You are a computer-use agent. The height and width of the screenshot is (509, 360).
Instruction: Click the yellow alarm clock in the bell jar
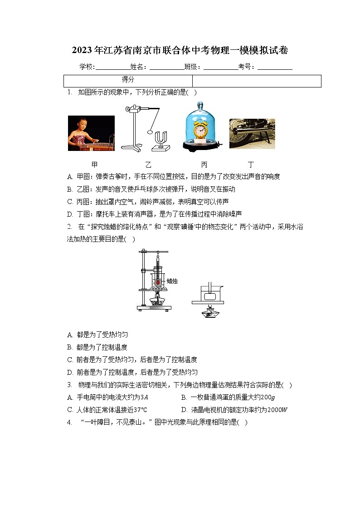point(200,130)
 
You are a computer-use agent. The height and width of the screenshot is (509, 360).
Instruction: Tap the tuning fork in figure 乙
point(161,141)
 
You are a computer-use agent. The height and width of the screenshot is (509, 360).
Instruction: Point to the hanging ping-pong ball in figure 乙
point(150,132)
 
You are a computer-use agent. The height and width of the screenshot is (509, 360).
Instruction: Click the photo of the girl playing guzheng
point(91,133)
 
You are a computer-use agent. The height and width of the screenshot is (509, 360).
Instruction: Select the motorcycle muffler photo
point(252,134)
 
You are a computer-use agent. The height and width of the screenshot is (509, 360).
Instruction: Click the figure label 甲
point(94,165)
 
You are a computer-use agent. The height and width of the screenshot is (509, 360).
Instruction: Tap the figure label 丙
point(204,165)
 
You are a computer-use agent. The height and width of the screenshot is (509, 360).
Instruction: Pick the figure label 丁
point(251,165)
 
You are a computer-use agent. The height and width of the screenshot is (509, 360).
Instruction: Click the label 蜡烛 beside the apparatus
point(172,281)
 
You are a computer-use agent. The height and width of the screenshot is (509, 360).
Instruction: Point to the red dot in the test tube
point(158,282)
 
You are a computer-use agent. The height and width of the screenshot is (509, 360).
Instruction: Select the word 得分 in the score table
point(128,79)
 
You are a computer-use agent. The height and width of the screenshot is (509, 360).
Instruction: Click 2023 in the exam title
point(82,50)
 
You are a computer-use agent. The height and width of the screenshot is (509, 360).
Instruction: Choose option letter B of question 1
point(69,189)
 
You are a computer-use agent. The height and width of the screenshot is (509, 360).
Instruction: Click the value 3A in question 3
point(145,398)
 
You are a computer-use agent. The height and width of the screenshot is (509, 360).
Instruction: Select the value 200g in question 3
point(268,398)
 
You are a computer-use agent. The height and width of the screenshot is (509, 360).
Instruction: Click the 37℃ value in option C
point(140,410)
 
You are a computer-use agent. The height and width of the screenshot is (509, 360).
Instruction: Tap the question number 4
point(69,422)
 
